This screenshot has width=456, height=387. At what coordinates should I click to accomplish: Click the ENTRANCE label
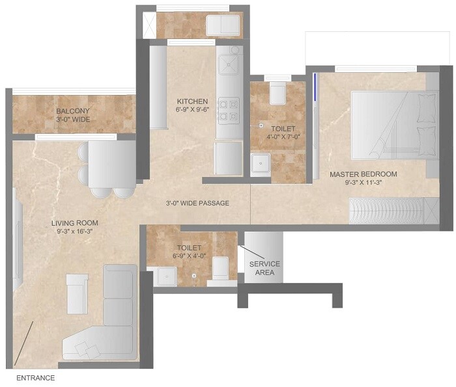35,378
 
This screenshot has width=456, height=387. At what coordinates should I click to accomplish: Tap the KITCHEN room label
192,101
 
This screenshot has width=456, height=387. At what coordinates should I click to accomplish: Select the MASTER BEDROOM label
363,174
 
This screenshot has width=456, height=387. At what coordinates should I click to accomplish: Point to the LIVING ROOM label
75,223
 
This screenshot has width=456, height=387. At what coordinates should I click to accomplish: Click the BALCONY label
72,111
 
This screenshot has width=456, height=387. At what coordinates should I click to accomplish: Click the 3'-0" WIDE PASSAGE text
197,204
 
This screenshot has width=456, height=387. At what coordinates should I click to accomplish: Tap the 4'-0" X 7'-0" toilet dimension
283,137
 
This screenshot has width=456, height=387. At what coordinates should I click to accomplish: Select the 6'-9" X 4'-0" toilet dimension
189,256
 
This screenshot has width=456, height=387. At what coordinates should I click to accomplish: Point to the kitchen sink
229,66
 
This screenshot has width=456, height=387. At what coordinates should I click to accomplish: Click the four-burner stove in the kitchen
228,109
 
